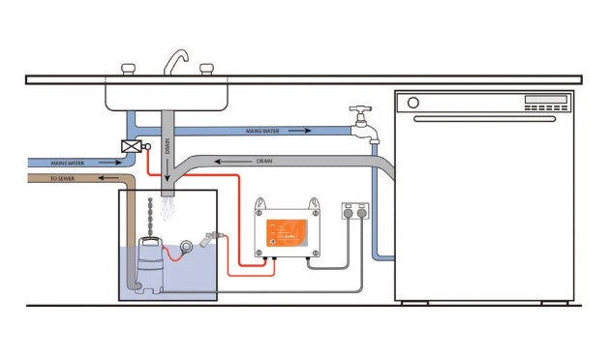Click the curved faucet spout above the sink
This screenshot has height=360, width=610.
point(173,59)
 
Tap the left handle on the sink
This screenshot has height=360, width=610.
point(127,68)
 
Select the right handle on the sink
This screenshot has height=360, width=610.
point(206,68)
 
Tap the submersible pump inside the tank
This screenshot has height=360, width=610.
point(149,258)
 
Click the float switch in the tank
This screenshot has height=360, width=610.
point(208,239)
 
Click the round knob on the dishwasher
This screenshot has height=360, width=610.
point(413,102)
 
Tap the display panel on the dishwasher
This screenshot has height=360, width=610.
point(545,100)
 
